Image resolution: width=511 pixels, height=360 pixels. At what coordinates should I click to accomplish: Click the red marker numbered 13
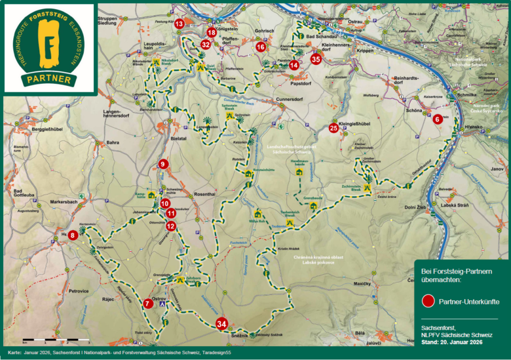pos(180,24)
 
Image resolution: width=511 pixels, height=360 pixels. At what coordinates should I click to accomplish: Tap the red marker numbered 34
pos(222,323)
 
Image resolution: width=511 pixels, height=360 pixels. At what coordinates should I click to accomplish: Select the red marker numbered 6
pos(437,119)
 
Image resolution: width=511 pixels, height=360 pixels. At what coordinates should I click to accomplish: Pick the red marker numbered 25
pos(333,128)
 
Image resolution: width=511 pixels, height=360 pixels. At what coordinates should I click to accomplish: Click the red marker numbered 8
pos(73,234)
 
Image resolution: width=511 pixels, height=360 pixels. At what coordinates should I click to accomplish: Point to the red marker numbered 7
pos(147,303)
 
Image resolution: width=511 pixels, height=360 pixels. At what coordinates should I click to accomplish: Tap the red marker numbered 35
pos(316,59)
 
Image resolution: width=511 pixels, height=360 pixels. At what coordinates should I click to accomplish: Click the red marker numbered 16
pos(261,47)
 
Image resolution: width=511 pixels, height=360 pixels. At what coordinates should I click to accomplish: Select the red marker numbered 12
pos(171,226)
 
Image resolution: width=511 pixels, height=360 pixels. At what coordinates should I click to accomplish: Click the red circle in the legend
pos(428,301)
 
